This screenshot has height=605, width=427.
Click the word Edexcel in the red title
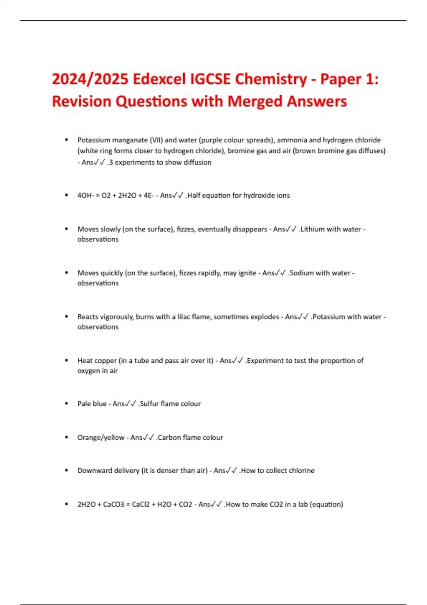pos(159,79)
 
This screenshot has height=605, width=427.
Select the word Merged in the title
pos(255,101)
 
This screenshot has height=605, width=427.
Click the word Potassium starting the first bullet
pos(94,140)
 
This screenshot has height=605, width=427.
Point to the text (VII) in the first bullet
pos(156,140)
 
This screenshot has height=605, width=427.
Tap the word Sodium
pos(302,273)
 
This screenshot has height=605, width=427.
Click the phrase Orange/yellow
pos(101,437)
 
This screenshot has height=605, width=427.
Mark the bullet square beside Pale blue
pos(67,404)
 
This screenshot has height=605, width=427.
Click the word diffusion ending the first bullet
pos(197,162)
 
